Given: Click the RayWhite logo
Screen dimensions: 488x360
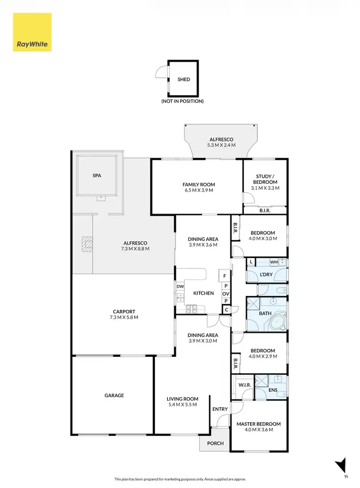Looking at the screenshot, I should point(32,32).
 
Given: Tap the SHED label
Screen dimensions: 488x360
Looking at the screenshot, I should point(183,80).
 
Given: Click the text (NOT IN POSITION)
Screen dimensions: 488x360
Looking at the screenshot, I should point(182,101).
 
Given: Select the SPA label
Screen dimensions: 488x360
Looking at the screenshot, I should point(97,176).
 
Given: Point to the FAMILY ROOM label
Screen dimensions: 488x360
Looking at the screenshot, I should point(198,184).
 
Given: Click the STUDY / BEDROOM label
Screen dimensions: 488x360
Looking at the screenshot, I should point(266,179).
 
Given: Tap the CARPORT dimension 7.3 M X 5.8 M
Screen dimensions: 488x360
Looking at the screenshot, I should point(123,317).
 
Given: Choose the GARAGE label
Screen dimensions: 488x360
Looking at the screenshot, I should point(114,395).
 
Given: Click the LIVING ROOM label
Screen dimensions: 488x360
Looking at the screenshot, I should point(182,399).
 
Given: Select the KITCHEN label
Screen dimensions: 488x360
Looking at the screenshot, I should point(204,293).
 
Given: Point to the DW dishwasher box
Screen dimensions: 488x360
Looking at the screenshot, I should point(180,287).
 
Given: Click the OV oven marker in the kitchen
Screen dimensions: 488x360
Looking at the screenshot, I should point(226,293).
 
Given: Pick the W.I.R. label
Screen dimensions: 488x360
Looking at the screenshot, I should point(243,385).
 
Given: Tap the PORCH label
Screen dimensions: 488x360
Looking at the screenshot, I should point(215,443).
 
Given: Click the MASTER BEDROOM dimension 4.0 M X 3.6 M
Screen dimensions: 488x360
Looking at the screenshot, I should point(258,430).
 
